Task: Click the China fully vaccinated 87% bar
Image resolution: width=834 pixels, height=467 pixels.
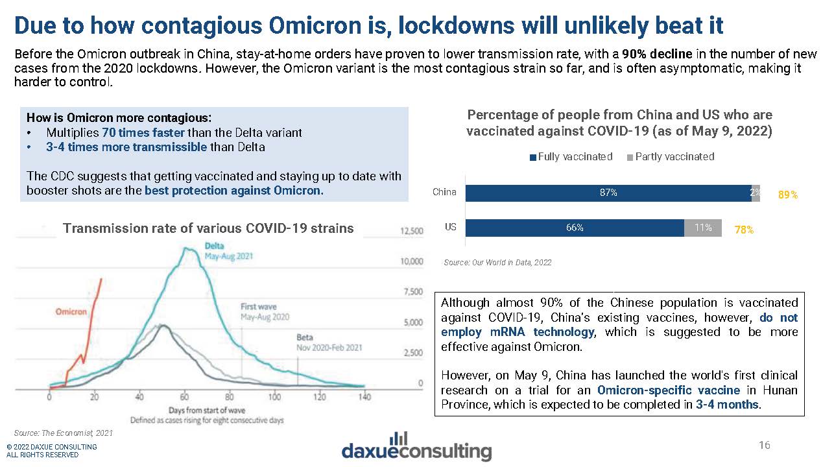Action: click(x=608, y=193)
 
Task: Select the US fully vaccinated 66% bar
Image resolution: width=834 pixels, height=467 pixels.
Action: click(x=575, y=228)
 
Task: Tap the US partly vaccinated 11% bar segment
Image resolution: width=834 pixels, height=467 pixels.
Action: click(x=703, y=228)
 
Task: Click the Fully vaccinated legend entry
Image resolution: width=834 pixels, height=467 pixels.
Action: click(x=571, y=156)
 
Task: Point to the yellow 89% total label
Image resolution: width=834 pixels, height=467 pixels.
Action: click(x=788, y=194)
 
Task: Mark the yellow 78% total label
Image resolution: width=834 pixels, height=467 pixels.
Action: click(x=744, y=230)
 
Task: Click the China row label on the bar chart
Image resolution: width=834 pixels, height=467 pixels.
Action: click(x=444, y=192)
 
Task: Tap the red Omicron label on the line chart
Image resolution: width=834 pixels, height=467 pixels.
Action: click(x=71, y=312)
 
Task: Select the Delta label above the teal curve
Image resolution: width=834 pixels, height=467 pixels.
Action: click(x=215, y=246)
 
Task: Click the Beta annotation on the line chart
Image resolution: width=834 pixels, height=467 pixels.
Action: click(x=304, y=337)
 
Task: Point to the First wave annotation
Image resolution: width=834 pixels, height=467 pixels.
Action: click(x=258, y=306)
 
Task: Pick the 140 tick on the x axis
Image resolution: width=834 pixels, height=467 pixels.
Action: click(x=365, y=397)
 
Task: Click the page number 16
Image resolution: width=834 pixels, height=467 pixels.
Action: click(x=765, y=445)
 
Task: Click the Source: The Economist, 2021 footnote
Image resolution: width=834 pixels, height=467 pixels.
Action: click(x=63, y=432)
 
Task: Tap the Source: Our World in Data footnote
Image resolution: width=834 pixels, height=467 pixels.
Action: click(x=497, y=263)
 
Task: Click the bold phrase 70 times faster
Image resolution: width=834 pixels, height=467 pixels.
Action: click(x=143, y=132)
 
